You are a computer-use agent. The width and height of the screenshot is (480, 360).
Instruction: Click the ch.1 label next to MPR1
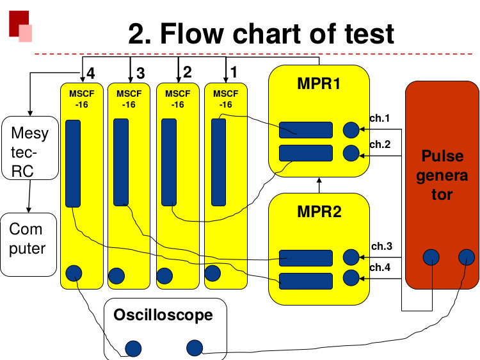380,119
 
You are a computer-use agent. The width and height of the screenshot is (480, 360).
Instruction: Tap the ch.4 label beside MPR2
381,268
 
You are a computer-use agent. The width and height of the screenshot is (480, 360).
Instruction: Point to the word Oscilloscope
163,315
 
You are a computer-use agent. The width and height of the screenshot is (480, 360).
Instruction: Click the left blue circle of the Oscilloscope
133,348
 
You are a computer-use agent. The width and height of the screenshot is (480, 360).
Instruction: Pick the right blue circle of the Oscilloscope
194,348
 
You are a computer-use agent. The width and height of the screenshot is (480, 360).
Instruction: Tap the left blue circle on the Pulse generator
431,258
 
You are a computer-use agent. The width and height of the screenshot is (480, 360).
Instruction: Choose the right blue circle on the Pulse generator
467,258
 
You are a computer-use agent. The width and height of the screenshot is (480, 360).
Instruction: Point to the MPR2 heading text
318,211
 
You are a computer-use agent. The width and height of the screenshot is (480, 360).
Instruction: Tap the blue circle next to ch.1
351,130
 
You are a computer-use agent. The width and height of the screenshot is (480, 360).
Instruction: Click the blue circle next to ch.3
351,257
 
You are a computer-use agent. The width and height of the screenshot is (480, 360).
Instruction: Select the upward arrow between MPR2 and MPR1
318,184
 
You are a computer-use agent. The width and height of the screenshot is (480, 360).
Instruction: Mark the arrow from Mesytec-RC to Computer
28,195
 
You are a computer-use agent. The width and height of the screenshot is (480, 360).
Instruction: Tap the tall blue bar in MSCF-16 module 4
73,165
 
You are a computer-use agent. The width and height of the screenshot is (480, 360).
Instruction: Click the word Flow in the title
196,33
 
